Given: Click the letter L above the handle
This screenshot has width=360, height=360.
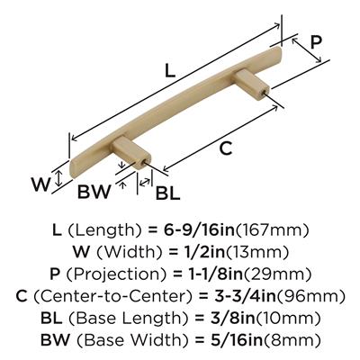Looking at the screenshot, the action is tap(170, 71).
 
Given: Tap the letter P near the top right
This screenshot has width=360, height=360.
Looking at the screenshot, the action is tap(316, 42).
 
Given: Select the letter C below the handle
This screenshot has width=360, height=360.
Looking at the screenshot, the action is tap(226, 148).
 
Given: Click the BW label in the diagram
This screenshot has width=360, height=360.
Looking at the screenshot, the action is tap(94, 192).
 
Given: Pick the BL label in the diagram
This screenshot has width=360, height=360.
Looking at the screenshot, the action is tap(167, 193).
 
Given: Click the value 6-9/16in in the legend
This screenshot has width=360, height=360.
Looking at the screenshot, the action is tap(199, 230).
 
